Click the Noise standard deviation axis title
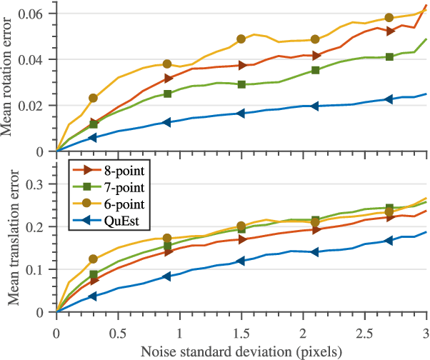pos(241,351)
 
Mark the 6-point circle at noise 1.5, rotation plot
pos(241,39)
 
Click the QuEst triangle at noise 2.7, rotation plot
pos(389,99)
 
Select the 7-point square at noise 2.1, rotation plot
pos(316,70)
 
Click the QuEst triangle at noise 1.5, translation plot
pos(241,261)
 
